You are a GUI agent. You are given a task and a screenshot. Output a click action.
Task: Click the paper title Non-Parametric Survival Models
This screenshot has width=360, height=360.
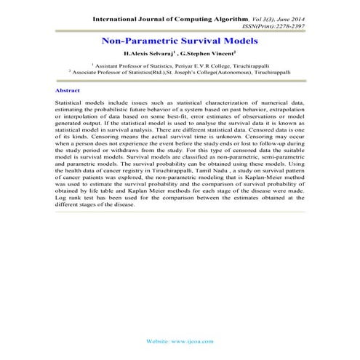[x=180, y=42]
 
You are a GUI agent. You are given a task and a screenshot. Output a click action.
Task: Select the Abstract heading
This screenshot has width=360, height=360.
[x=68, y=90]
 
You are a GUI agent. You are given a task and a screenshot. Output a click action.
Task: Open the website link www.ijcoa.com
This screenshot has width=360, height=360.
[x=191, y=340]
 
